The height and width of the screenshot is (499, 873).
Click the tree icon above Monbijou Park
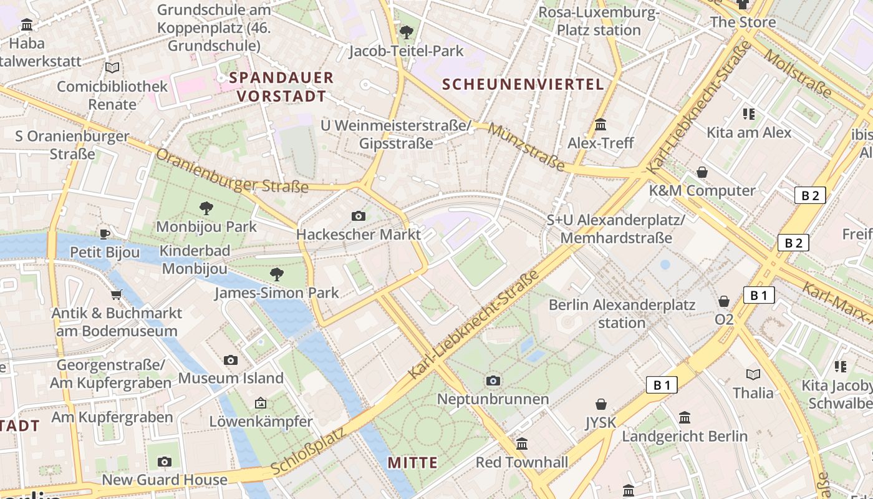pos(206,208)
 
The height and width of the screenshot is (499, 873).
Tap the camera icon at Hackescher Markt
pos(359,216)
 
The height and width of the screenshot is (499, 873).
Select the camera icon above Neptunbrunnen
pos(493,380)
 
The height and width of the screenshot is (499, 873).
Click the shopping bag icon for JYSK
pos(601,404)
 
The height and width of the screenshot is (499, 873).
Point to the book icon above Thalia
pos(753,374)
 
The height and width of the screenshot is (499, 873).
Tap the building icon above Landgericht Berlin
pos(685,417)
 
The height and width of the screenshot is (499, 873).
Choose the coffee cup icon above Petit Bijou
pos(105,234)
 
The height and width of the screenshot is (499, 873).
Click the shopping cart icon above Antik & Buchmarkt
pos(116,294)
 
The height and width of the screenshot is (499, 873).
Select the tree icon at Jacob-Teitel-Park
pos(407,31)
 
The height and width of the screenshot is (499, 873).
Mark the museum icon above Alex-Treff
pos(600,125)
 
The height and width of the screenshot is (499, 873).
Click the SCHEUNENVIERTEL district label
pos(523,85)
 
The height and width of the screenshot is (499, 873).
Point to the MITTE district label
pos(412,463)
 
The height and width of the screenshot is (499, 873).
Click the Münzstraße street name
pos(526,147)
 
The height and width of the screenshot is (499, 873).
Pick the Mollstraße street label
pos(798,74)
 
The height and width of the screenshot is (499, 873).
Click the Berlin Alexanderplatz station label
pos(622,314)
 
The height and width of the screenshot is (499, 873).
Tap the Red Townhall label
pos(522,462)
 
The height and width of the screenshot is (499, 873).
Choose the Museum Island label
pos(231,378)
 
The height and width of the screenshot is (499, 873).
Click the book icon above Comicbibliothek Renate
pos(112,67)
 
